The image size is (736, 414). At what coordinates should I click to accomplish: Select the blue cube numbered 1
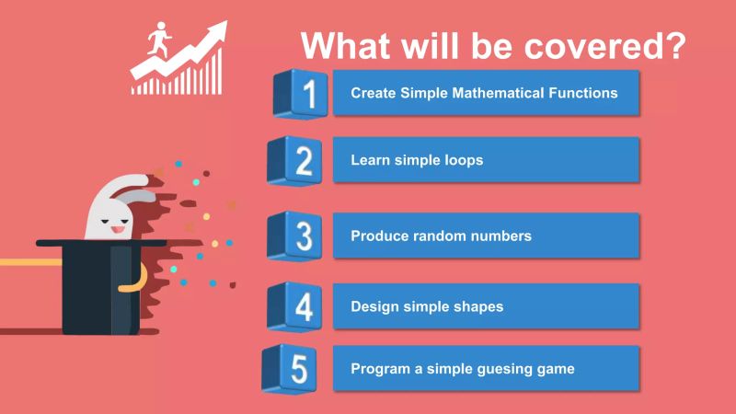click(x=301, y=93)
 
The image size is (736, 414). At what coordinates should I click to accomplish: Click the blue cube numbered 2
click(x=295, y=161)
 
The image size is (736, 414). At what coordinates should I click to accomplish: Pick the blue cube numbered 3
click(x=295, y=236)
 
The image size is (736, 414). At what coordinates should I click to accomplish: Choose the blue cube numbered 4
click(x=295, y=306)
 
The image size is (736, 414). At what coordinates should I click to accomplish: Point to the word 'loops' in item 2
click(x=464, y=160)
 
